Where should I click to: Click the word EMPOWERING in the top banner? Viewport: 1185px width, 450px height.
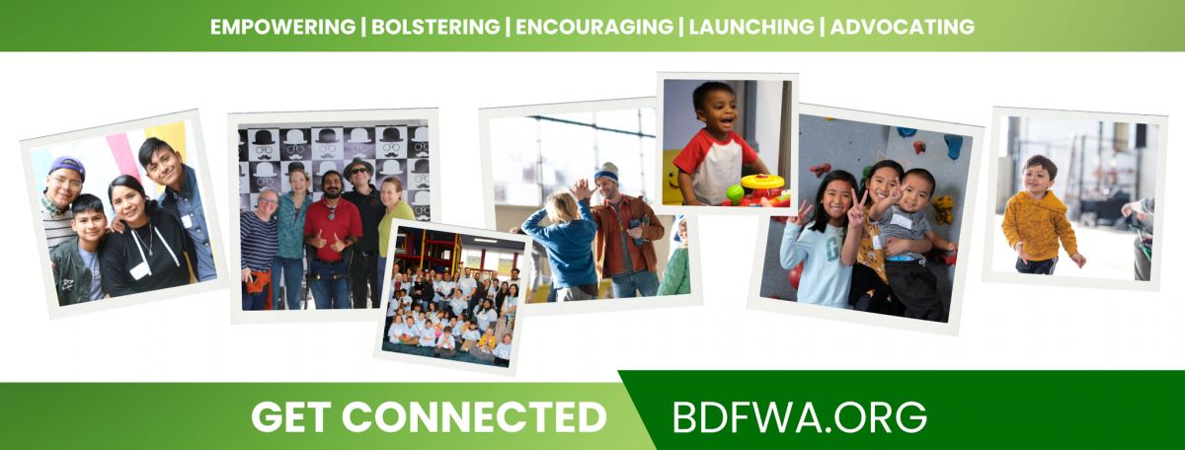pyautogui.click(x=283, y=27)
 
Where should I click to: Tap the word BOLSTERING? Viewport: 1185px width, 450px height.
pyautogui.click(x=435, y=27)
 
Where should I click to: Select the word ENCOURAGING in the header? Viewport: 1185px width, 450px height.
pyautogui.click(x=594, y=27)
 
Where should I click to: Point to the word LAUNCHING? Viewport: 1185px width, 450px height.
pyautogui.click(x=751, y=27)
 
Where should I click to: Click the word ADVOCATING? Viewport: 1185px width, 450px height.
pyautogui.click(x=902, y=27)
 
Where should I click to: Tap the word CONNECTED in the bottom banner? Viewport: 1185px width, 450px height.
pyautogui.click(x=474, y=417)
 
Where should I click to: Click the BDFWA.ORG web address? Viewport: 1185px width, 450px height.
pyautogui.click(x=800, y=417)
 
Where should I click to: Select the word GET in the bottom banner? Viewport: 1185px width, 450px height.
pyautogui.click(x=291, y=417)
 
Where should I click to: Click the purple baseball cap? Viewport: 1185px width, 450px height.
pyautogui.click(x=67, y=166)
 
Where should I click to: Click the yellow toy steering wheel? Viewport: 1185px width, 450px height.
pyautogui.click(x=762, y=182)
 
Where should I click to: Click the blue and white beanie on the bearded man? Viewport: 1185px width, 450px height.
pyautogui.click(x=606, y=174)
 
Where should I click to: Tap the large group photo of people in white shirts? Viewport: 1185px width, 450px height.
pyautogui.click(x=454, y=297)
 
